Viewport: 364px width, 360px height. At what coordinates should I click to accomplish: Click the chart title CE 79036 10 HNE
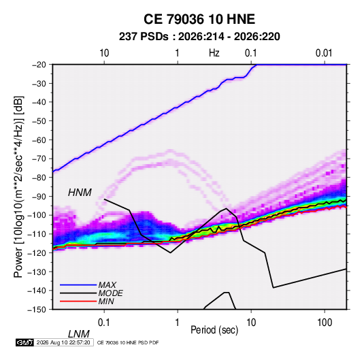(199, 19)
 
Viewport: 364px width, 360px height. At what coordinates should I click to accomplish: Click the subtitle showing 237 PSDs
(199, 37)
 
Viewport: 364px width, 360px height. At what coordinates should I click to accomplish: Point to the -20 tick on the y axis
(39, 65)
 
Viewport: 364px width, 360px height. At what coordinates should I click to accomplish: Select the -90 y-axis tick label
(39, 196)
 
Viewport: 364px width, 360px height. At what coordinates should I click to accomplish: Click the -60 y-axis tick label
(39, 140)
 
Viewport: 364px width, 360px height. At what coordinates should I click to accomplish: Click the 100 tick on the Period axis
(324, 323)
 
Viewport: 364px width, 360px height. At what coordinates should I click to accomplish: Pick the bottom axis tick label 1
(178, 323)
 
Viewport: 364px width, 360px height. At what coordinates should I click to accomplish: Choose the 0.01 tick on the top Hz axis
(324, 53)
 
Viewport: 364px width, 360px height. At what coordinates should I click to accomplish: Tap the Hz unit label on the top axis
(214, 53)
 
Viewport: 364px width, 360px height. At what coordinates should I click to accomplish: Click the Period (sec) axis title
(214, 330)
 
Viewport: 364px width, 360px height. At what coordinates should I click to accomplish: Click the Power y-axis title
(18, 186)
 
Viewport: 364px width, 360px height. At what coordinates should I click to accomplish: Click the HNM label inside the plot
(80, 193)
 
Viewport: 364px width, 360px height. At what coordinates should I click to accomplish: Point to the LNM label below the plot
(79, 334)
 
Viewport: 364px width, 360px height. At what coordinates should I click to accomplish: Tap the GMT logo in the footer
(24, 342)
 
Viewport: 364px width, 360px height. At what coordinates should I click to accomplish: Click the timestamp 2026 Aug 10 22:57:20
(63, 342)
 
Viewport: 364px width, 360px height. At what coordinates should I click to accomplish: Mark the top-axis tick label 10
(104, 53)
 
